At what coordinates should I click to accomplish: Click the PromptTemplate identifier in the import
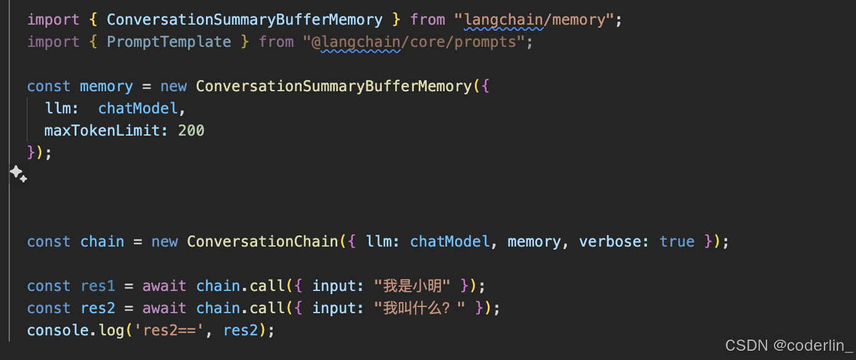169,42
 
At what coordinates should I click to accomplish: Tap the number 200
191,131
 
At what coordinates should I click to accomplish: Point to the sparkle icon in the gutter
18,174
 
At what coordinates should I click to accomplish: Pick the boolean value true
677,242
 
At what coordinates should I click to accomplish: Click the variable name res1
97,286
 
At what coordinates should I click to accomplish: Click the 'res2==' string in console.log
173,330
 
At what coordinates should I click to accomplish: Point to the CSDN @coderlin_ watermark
788,346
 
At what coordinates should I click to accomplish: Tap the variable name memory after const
106,86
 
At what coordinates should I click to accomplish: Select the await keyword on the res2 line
164,308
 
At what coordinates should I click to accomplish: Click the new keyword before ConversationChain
165,242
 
